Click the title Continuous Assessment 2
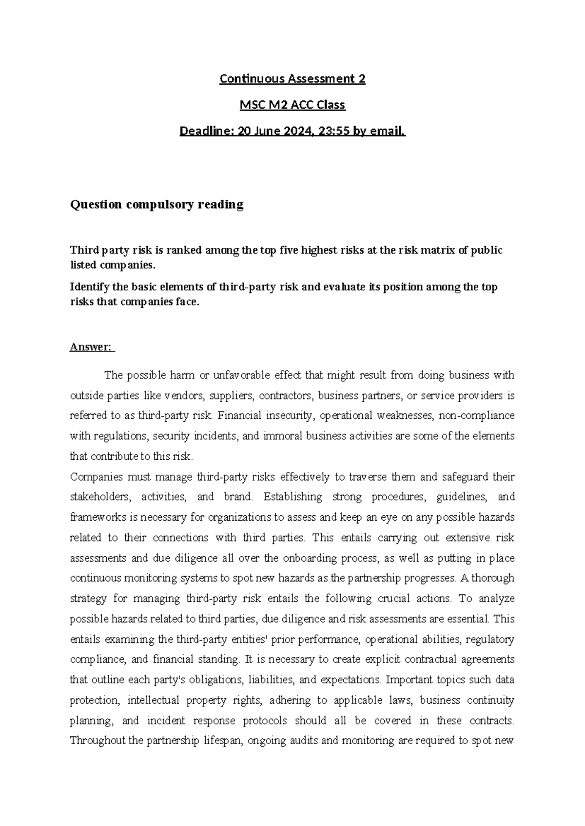pos(292,78)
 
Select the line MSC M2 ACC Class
pos(292,105)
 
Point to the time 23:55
pos(336,131)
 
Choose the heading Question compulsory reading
pos(156,205)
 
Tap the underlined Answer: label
pos(91,347)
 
